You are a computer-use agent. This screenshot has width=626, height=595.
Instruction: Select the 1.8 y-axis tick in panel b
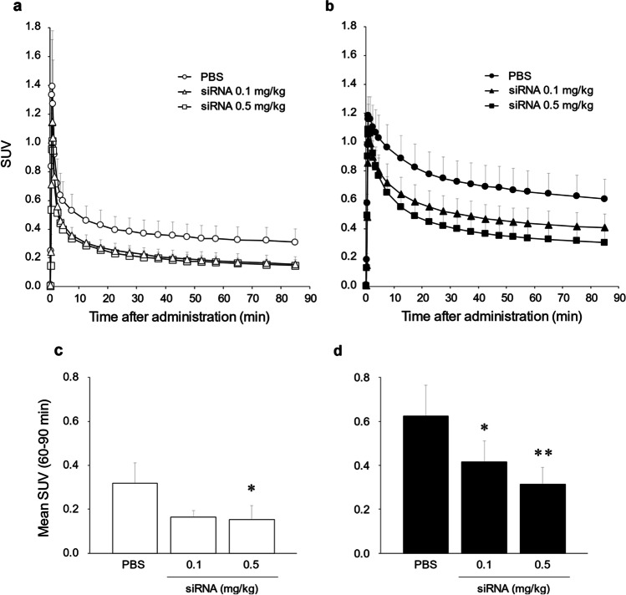click(x=352, y=26)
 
